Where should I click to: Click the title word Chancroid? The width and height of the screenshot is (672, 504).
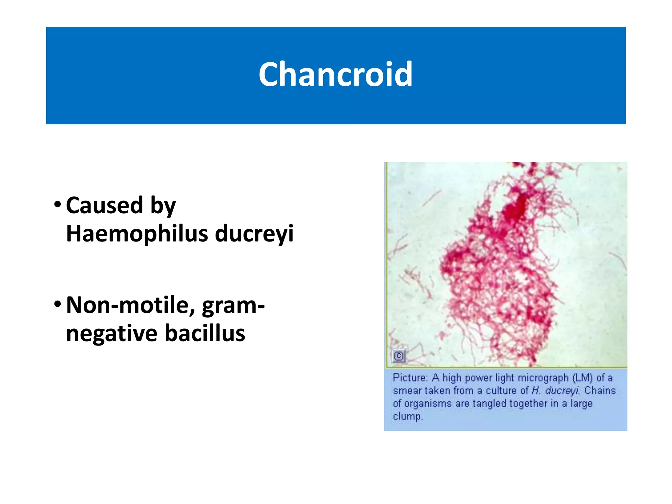pyautogui.click(x=335, y=74)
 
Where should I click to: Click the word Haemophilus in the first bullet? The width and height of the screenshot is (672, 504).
pyautogui.click(x=137, y=234)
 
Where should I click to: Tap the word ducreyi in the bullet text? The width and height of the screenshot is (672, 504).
pyautogui.click(x=254, y=234)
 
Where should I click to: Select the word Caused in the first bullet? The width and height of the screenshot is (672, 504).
pyautogui.click(x=104, y=205)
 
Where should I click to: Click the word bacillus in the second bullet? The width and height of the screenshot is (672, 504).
pyautogui.click(x=205, y=333)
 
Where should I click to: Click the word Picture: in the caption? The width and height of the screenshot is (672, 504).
pyautogui.click(x=410, y=378)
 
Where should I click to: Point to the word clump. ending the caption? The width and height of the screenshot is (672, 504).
pyautogui.click(x=408, y=416)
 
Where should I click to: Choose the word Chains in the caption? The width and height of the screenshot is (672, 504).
pyautogui.click(x=600, y=391)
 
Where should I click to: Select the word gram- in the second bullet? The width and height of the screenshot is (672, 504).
pyautogui.click(x=233, y=305)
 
